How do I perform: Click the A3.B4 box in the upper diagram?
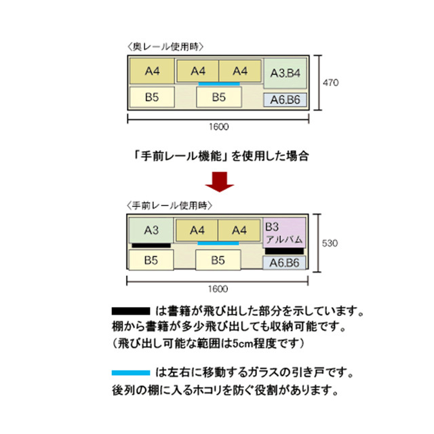pyautogui.click(x=285, y=73)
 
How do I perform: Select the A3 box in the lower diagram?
pyautogui.click(x=151, y=231)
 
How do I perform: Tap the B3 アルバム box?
pyautogui.click(x=284, y=233)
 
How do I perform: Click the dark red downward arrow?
pyautogui.click(x=220, y=182)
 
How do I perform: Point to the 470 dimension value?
pyautogui.click(x=331, y=83)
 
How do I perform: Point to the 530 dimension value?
pyautogui.click(x=330, y=243)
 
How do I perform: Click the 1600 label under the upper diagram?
pyautogui.click(x=218, y=127)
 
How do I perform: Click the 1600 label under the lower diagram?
pyautogui.click(x=218, y=289)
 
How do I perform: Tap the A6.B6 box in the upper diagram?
pyautogui.click(x=285, y=100)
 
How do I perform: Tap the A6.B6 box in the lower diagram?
pyautogui.click(x=284, y=262)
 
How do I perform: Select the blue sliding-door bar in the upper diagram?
pyautogui.click(x=219, y=83)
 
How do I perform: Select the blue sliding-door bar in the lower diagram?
pyautogui.click(x=218, y=243)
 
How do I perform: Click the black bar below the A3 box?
pyautogui.click(x=151, y=245)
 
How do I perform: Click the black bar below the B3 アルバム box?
pyautogui.click(x=284, y=251)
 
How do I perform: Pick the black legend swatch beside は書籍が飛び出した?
pyautogui.click(x=131, y=311)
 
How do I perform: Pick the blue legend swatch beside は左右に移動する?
pyautogui.click(x=131, y=373)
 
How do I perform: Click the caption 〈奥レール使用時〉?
pyautogui.click(x=165, y=47)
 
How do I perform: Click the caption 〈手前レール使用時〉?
pyautogui.click(x=170, y=205)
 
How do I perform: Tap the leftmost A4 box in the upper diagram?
pyautogui.click(x=152, y=71)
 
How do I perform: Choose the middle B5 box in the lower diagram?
pyautogui.click(x=218, y=260)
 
